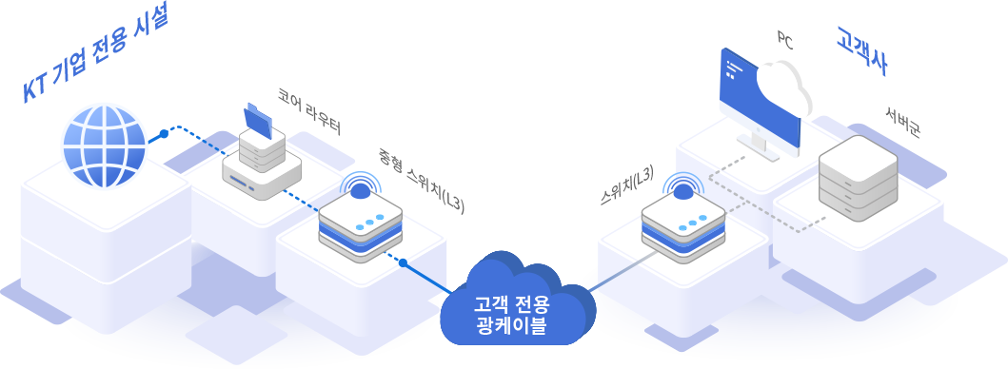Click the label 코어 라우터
308,110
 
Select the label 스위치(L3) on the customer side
627,185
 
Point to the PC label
785,39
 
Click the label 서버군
901,124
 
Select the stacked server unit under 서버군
858,182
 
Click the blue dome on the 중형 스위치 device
360,190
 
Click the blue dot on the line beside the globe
164,134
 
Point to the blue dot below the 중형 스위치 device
404,262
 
